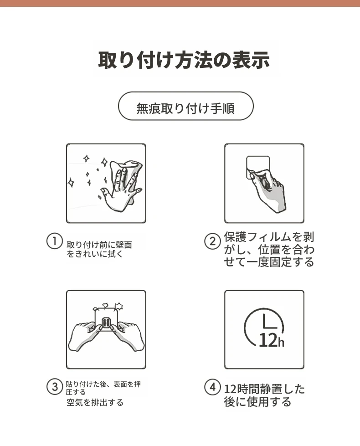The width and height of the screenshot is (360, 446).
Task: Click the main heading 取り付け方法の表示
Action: click(x=184, y=60)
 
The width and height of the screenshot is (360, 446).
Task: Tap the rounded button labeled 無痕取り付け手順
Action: click(x=185, y=106)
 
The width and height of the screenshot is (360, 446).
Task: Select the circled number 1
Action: click(x=54, y=241)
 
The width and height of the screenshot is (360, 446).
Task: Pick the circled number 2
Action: click(x=212, y=241)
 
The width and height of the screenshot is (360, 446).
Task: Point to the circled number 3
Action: click(x=54, y=387)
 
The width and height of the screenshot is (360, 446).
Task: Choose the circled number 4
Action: click(x=212, y=387)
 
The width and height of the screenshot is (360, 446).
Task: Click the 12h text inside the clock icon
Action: click(x=272, y=340)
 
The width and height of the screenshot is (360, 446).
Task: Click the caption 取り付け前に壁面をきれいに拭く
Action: click(x=99, y=250)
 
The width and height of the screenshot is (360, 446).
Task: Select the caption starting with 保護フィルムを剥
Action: click(x=269, y=250)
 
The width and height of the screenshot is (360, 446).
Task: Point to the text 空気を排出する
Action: click(x=95, y=402)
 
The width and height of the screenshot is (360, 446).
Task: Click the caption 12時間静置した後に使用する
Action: click(x=264, y=395)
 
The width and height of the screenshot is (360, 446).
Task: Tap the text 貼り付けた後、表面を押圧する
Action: click(x=103, y=388)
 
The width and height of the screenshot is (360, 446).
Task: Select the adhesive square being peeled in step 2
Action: click(x=258, y=166)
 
